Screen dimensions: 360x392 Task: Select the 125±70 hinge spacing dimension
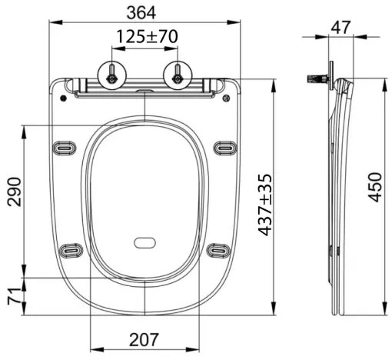point(145,36)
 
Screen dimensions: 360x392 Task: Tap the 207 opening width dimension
point(145,339)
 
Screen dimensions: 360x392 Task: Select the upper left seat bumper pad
point(63,147)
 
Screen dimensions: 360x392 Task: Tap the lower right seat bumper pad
point(218,248)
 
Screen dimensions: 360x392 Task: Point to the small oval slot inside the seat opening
point(145,244)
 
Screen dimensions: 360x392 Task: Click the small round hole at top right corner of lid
point(226,97)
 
